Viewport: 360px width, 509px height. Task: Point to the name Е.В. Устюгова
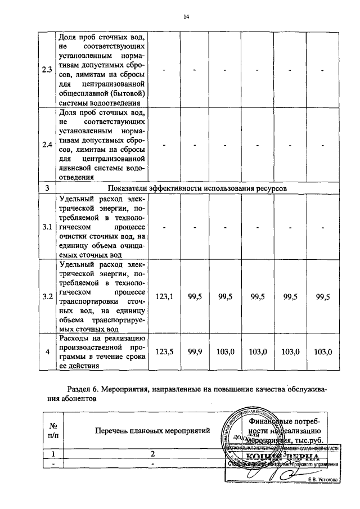pyautogui.click(x=322, y=479)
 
